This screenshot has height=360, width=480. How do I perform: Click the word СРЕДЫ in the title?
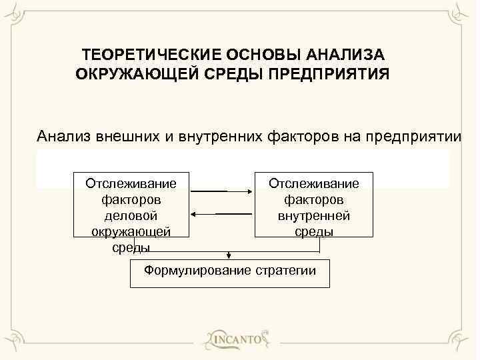pyautogui.click(x=232, y=71)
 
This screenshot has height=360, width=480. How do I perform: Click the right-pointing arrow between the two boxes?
pyautogui.click(x=221, y=191)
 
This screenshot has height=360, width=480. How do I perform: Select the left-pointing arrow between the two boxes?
pyautogui.click(x=221, y=214)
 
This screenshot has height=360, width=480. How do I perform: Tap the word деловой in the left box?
pyautogui.click(x=131, y=215)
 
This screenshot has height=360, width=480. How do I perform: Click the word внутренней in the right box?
pyautogui.click(x=313, y=215)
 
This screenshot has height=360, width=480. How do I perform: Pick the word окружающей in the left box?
pyautogui.click(x=131, y=231)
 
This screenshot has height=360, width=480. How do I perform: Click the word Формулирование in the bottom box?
pyautogui.click(x=197, y=270)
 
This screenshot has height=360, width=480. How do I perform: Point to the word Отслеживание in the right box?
pyautogui.click(x=313, y=183)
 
